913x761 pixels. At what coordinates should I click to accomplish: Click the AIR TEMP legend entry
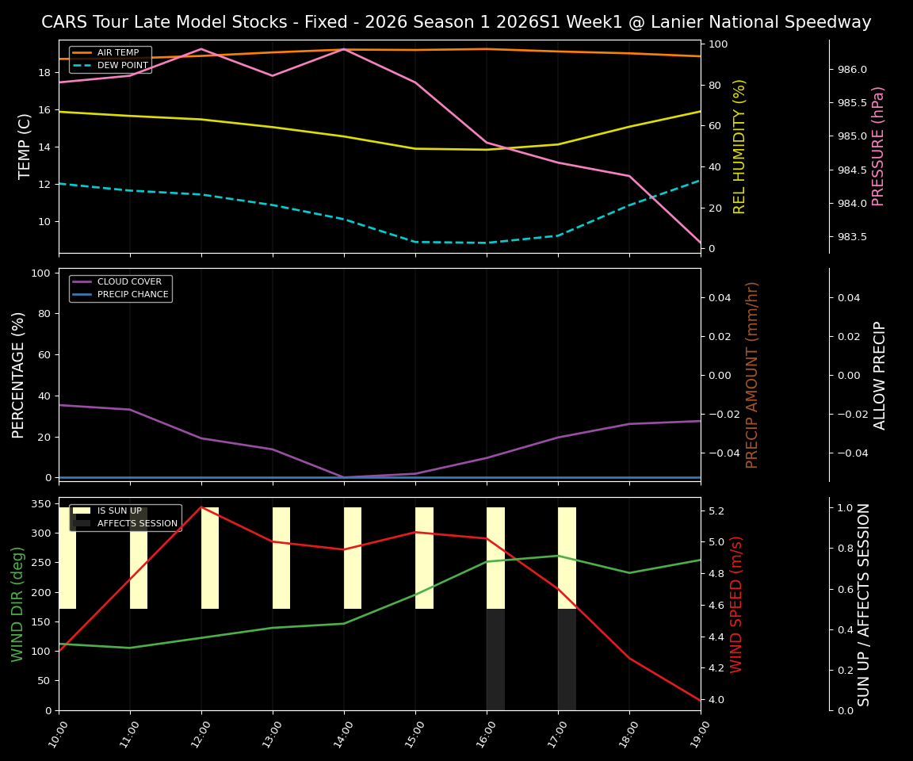117,53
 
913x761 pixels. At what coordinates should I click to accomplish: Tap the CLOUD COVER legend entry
128,282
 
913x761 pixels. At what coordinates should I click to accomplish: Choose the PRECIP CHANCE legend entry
132,295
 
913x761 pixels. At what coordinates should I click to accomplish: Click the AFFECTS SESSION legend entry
137,524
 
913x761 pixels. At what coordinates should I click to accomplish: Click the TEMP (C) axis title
25,146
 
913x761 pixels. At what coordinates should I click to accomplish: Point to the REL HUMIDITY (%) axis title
740,146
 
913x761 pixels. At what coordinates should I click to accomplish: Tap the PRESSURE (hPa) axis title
878,146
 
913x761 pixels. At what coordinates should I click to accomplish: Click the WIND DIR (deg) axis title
17,604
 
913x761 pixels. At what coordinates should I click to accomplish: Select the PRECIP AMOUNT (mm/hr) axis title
752,375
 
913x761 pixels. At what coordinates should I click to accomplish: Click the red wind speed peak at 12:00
201,507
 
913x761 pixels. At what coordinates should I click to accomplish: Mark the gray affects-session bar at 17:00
567,660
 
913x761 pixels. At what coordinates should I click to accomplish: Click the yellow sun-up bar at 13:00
281,558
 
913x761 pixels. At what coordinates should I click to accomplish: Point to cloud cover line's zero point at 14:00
344,477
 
